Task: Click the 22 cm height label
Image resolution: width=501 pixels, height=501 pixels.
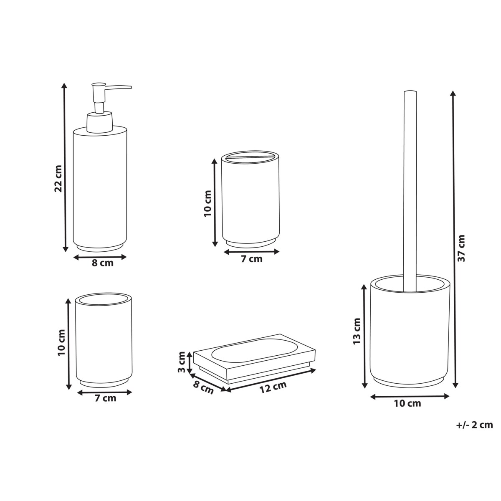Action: click(58, 178)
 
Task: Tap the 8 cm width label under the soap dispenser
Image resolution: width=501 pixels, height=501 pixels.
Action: click(103, 263)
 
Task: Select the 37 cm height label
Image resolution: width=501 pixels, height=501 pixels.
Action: click(461, 248)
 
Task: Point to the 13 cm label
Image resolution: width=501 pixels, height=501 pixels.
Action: click(357, 331)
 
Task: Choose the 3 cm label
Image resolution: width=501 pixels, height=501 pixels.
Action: click(182, 362)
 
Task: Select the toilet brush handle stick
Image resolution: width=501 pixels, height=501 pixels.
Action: click(410, 191)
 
